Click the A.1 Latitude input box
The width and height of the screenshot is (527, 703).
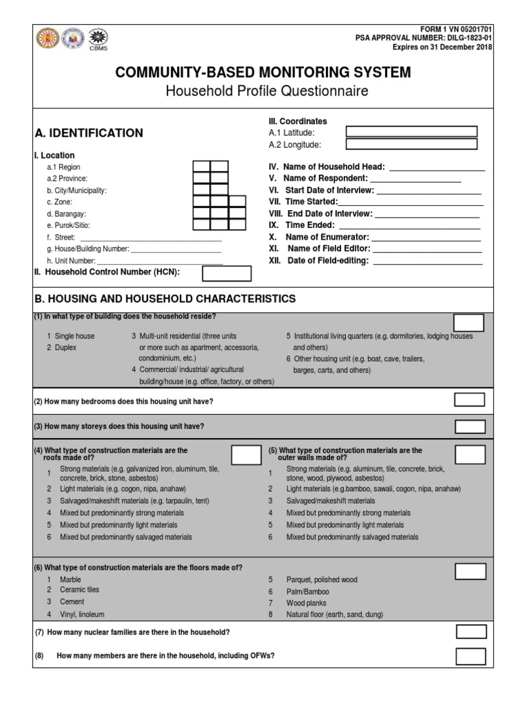(x=411, y=132)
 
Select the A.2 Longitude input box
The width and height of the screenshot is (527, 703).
(x=411, y=144)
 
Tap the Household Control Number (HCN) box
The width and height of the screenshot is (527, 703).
(x=226, y=273)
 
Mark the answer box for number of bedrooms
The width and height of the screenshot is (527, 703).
(x=470, y=400)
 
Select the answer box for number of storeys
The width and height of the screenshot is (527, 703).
(x=470, y=426)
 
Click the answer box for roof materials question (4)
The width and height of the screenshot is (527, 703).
(x=246, y=454)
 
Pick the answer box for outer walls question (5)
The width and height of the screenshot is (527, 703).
(x=470, y=454)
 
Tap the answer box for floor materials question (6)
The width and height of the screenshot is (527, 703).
(x=470, y=571)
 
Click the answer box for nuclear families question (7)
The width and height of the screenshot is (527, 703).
(x=471, y=632)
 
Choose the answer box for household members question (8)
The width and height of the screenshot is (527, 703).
(x=471, y=656)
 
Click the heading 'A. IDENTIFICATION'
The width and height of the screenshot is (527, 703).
(x=89, y=133)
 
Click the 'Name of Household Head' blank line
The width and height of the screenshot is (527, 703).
(x=437, y=167)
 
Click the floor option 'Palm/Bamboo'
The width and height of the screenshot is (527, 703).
(x=307, y=592)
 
